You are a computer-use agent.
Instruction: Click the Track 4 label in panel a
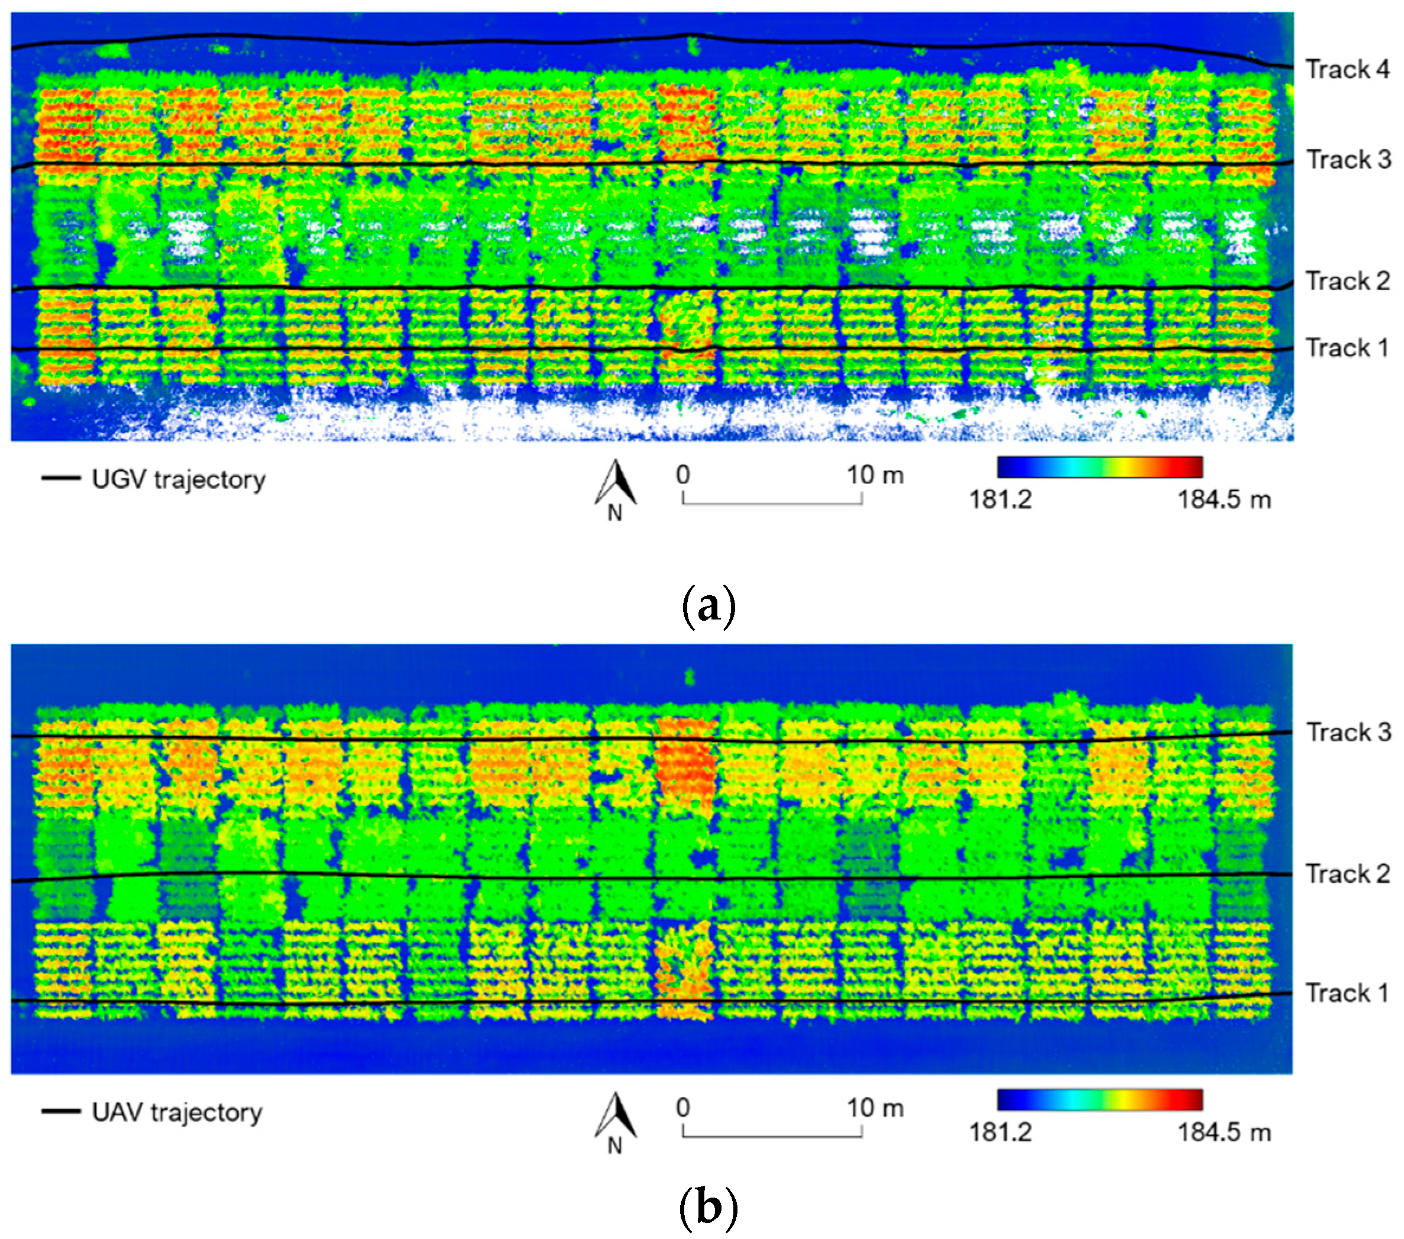coord(1347,69)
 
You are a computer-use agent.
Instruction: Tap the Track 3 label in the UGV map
coord(1348,159)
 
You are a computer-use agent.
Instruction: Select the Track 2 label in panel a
coord(1347,281)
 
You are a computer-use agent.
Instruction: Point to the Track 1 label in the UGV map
coord(1346,348)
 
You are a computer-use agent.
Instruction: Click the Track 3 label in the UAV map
coord(1348,732)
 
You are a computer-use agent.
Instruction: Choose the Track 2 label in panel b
coord(1347,873)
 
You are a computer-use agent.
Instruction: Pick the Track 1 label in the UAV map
coord(1346,993)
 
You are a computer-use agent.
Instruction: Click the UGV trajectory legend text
coord(179,479)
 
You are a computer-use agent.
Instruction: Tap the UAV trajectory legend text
coord(177,1112)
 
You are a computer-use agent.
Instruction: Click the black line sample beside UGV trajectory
coord(61,477)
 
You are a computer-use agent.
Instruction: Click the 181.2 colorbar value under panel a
coord(1000,499)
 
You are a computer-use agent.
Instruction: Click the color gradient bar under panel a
coord(1099,467)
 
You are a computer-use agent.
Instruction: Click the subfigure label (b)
coord(708,1208)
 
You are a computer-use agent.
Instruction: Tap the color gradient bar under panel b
coord(1099,1099)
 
